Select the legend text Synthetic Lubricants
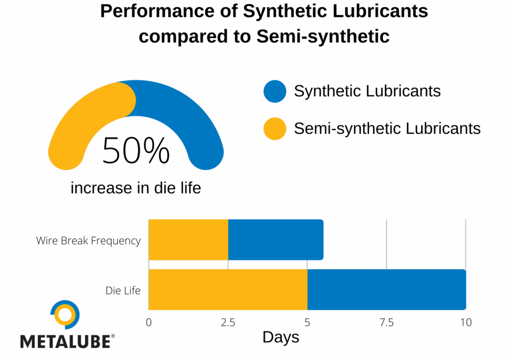click(367, 91)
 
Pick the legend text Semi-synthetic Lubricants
click(387, 129)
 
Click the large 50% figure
click(136, 151)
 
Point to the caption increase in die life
click(135, 188)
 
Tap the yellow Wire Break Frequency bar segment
click(188, 240)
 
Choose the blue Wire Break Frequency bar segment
click(275, 240)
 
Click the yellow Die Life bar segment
click(228, 290)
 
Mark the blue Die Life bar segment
click(386, 290)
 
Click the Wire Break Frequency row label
click(88, 241)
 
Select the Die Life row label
click(123, 291)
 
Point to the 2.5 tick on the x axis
click(228, 323)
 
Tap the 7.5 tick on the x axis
click(386, 323)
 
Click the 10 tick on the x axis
click(465, 323)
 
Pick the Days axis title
click(281, 338)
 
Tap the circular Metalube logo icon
click(65, 314)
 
